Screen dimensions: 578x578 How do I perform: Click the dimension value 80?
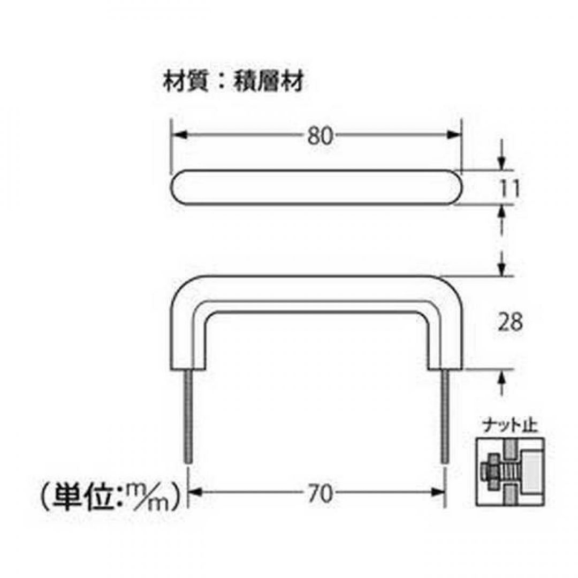pyautogui.click(x=320, y=137)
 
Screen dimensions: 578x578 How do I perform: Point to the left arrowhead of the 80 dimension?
pyautogui.click(x=178, y=137)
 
